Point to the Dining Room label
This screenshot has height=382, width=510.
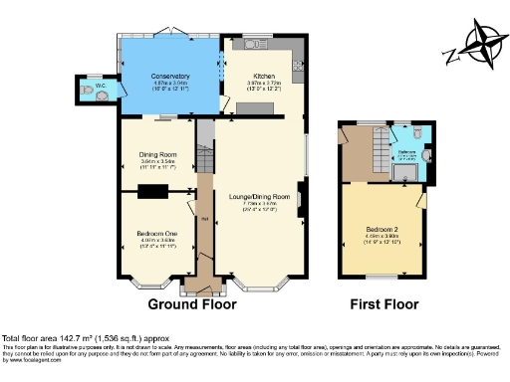[x=158, y=154]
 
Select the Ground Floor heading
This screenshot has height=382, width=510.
[x=205, y=304]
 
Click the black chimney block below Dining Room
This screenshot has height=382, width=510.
[x=154, y=192]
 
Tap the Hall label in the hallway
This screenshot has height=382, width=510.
[x=203, y=219]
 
